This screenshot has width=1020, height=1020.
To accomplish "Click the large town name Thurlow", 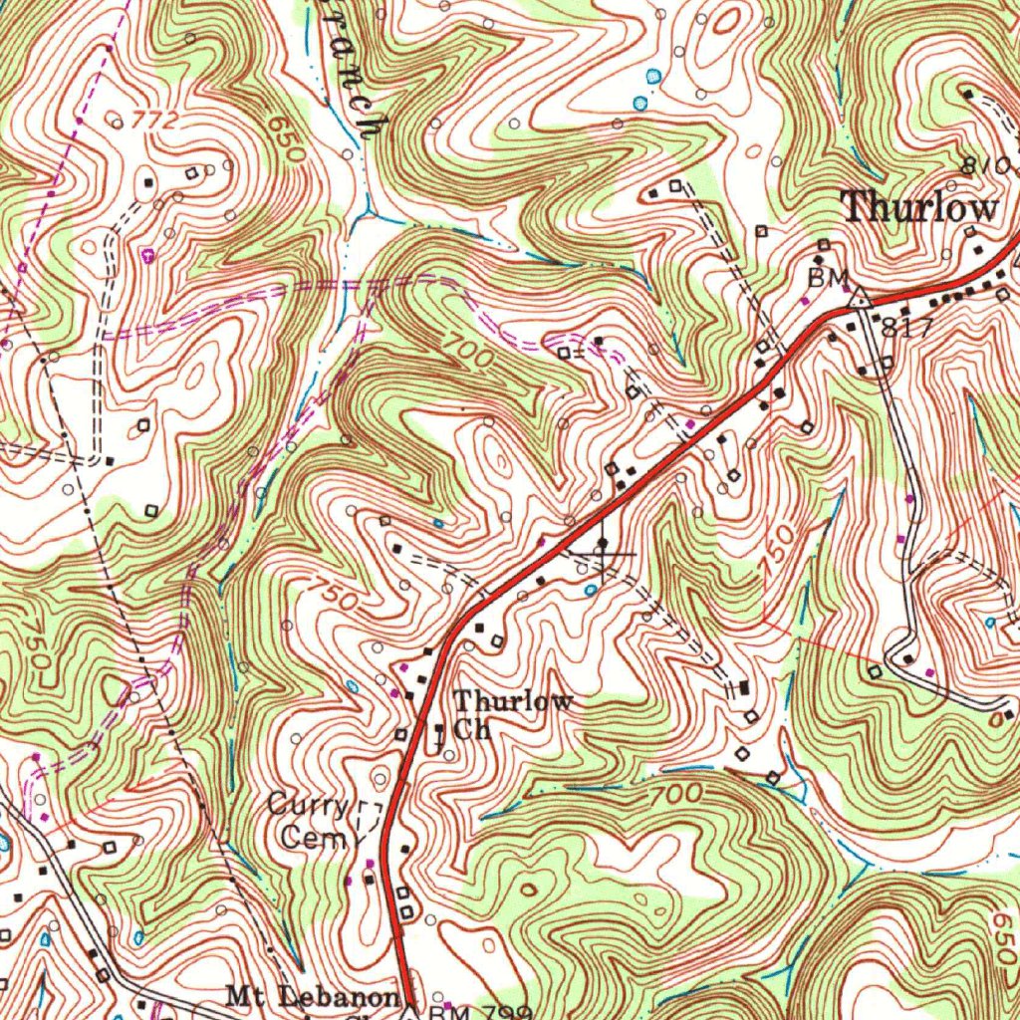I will (x=918, y=207).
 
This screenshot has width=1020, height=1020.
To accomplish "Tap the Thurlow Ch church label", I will (x=510, y=714).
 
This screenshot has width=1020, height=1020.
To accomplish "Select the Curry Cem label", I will (x=309, y=821).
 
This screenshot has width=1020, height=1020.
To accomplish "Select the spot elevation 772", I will (x=154, y=122).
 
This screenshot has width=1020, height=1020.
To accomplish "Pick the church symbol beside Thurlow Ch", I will (x=439, y=736).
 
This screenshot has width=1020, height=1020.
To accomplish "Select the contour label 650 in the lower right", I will (x=999, y=936).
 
